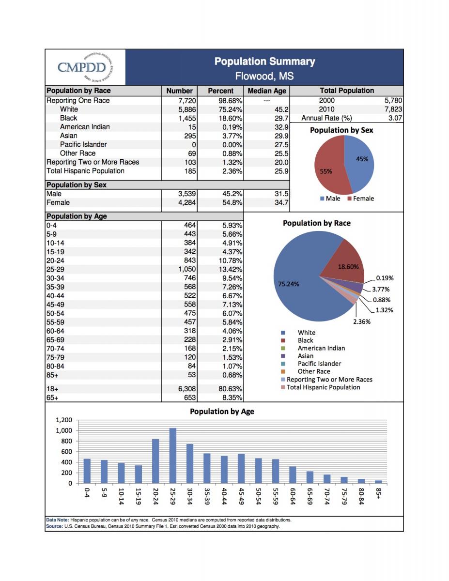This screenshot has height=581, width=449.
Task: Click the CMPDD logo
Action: coord(85,67)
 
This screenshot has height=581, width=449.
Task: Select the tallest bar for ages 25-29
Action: coord(173,456)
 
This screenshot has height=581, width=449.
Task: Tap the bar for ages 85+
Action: coord(378,482)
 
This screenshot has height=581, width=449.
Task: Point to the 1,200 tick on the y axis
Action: coord(63,420)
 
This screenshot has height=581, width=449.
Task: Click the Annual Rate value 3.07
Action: coord(395,118)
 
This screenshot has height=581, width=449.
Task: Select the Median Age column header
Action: coord(267,91)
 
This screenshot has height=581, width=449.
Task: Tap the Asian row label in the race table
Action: coord(68,136)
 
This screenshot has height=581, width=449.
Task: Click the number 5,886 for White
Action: coord(186,109)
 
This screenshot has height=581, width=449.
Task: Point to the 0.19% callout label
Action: coord(385,278)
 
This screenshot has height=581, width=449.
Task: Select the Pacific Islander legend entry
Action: coord(319,364)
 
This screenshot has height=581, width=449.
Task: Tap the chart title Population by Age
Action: coord(221,412)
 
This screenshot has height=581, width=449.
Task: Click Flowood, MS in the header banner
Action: coord(264,76)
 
